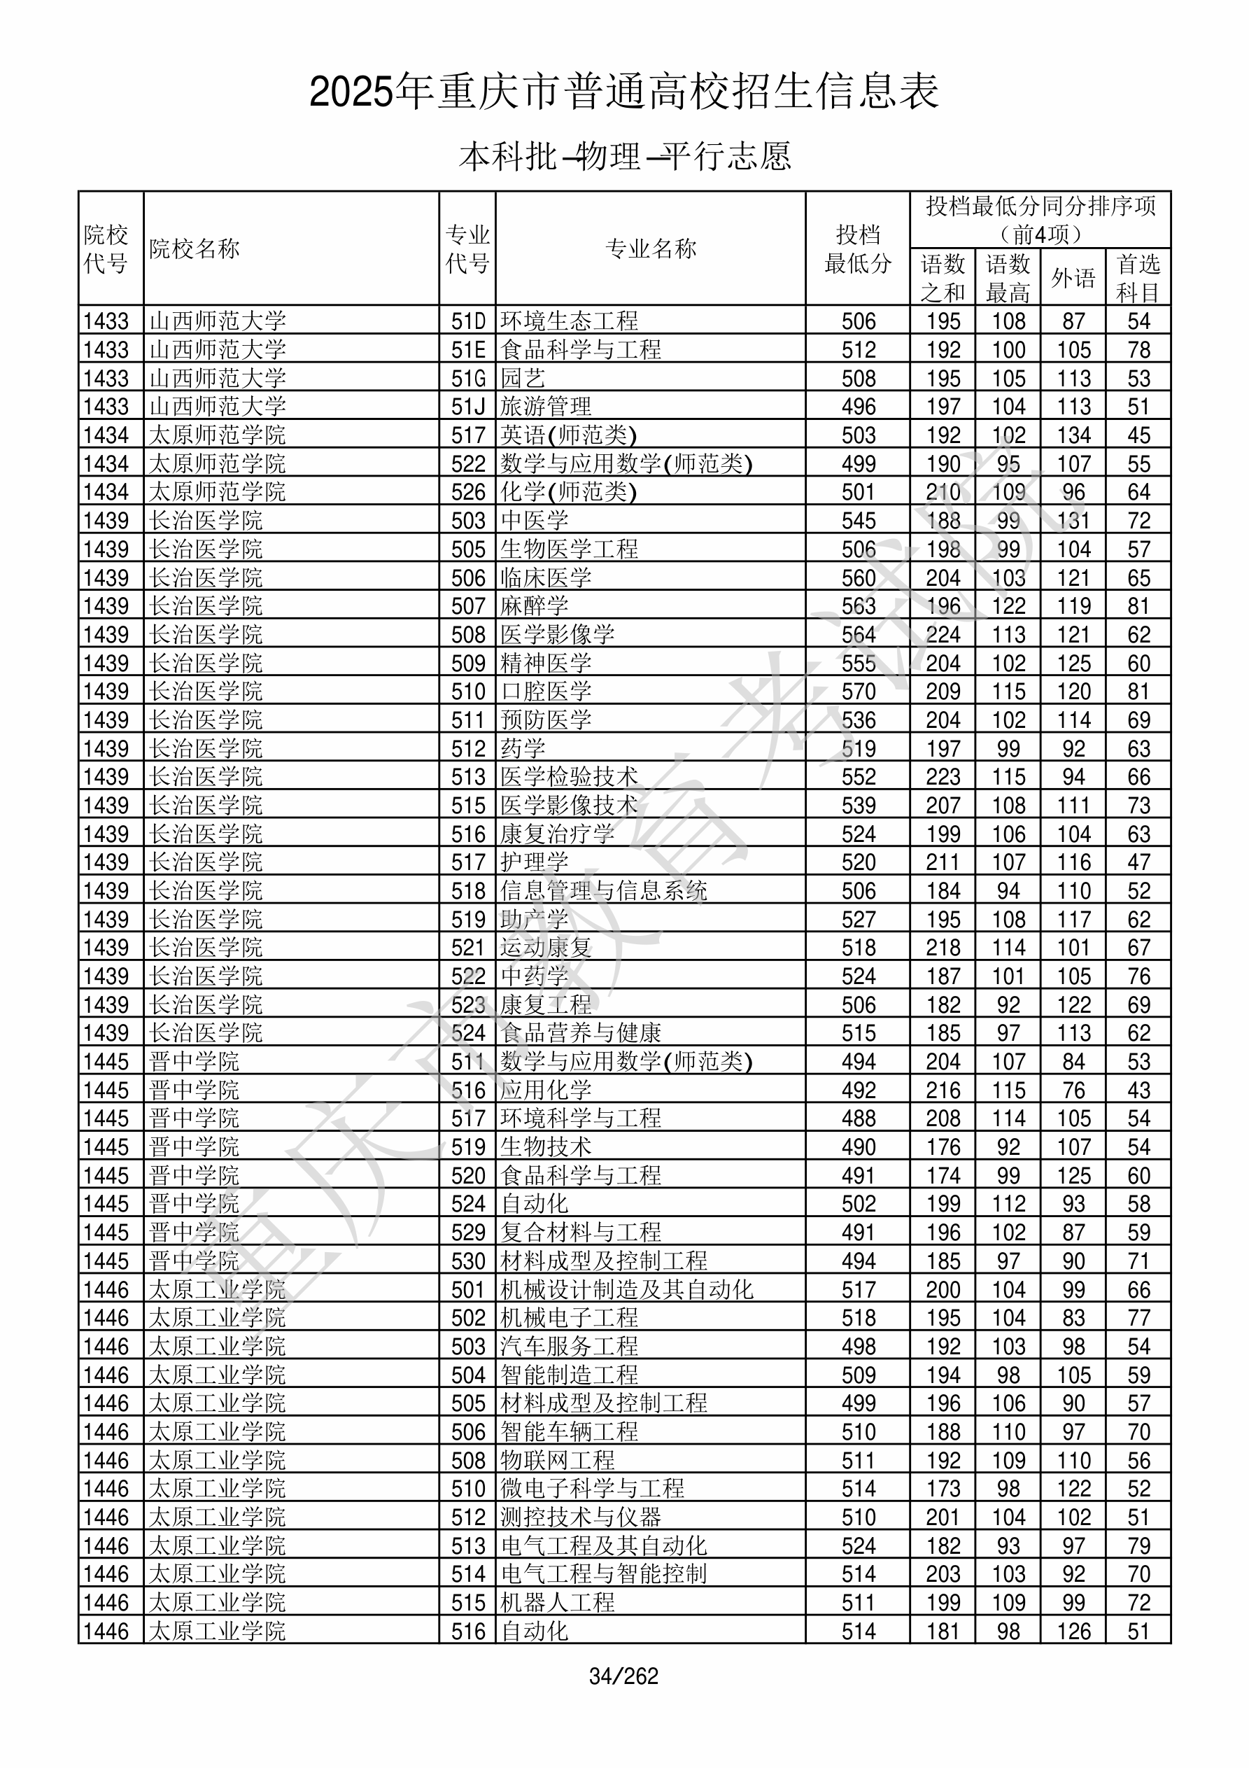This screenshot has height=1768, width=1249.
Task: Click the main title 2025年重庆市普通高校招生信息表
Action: coord(623,92)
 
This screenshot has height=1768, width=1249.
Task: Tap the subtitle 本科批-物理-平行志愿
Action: coord(624,156)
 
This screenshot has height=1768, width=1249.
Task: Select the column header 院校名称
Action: coord(195,248)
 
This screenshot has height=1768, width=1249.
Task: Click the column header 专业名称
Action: coord(651,248)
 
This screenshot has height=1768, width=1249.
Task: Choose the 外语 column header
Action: coord(1073,277)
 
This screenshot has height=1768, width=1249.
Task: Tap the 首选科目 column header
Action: coord(1138,277)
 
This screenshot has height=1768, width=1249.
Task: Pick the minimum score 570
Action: coord(859,692)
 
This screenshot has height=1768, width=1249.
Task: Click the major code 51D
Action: coord(468,321)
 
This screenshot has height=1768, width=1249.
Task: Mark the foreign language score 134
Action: coord(1073,435)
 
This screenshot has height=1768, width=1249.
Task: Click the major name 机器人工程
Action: coord(558,1602)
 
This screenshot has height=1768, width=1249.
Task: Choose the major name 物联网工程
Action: coord(558,1460)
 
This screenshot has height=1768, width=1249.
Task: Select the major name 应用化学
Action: coord(546,1090)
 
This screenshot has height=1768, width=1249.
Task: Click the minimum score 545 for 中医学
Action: coord(859,521)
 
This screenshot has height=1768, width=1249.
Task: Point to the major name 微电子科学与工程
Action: coord(592,1489)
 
